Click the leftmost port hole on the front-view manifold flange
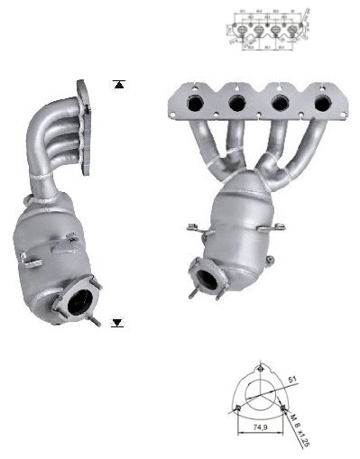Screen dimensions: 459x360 (x=195, y=106)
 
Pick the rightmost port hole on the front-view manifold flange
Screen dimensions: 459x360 (x=323, y=105)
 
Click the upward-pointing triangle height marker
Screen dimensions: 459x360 (x=117, y=86)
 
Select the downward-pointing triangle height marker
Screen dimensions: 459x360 (x=117, y=322)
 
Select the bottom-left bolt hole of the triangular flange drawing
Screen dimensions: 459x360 (x=235, y=408)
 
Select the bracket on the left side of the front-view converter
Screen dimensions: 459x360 (x=193, y=229)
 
